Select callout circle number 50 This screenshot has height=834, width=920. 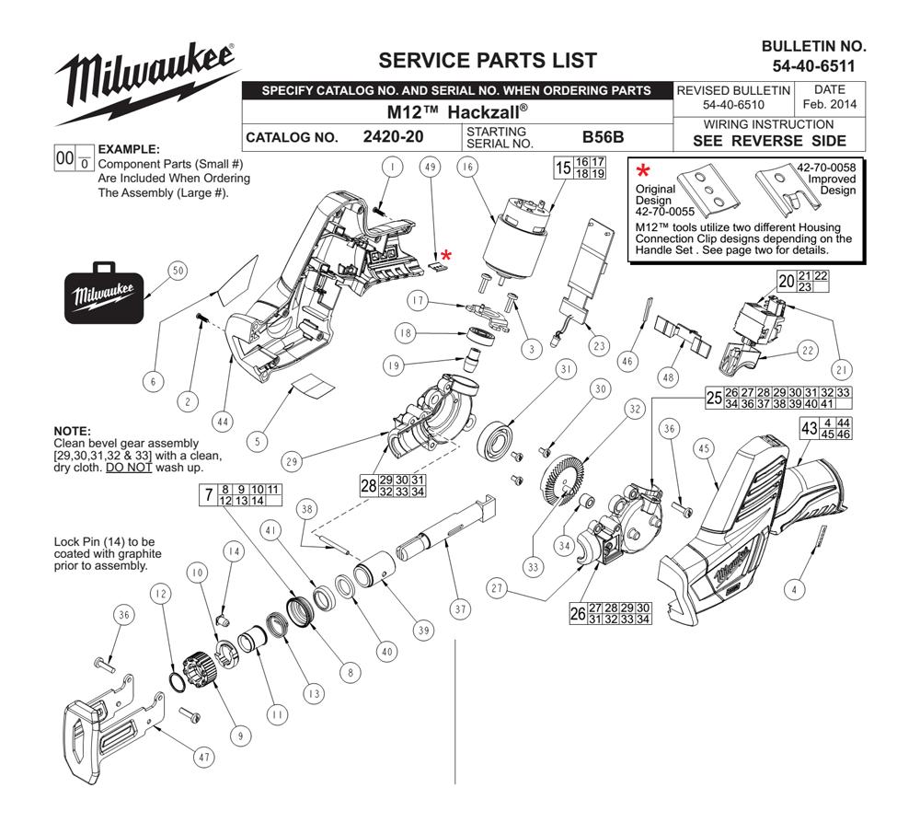point(178,270)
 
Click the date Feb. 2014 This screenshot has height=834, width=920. point(830,104)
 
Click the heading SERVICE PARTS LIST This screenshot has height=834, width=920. point(488,61)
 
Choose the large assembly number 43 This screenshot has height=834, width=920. point(810,428)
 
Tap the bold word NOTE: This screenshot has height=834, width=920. point(72,431)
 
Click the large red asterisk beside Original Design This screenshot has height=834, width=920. point(644,171)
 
